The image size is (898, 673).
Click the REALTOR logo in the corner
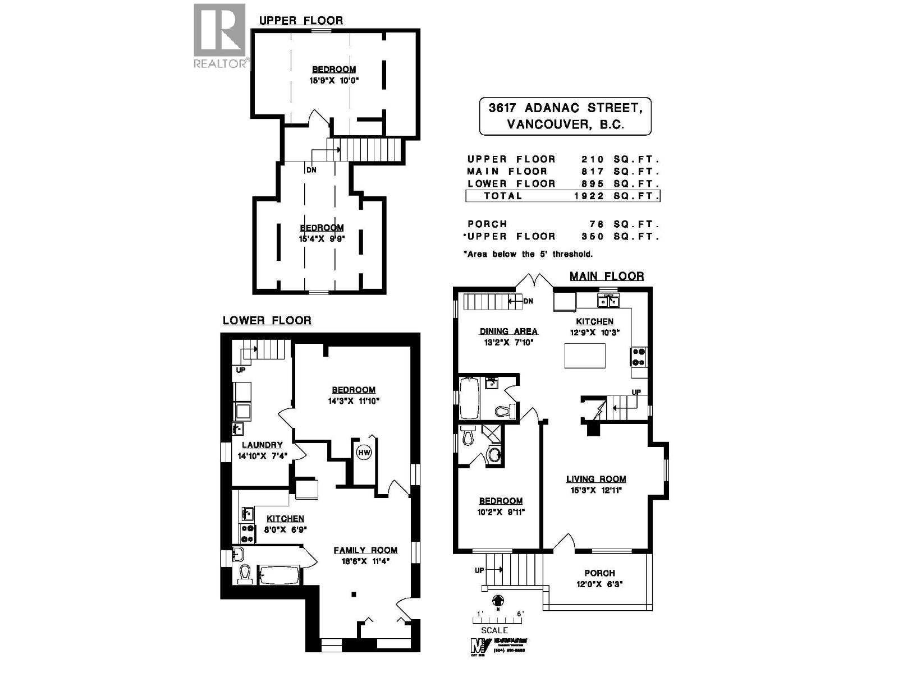[x=219, y=35]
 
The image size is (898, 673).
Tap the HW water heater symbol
[x=364, y=452]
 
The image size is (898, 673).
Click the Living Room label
[x=595, y=479]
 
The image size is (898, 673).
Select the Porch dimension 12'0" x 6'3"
[x=599, y=584]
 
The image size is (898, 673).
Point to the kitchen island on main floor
[x=585, y=356]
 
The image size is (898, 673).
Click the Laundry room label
[x=262, y=445]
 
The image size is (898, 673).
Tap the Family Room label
[x=365, y=550]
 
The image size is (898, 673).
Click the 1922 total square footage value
[x=589, y=196]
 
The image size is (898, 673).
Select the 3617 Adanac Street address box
[x=565, y=116]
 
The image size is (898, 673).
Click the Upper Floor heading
[x=301, y=21]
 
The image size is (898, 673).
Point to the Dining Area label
[x=508, y=331]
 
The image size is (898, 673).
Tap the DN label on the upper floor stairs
[x=311, y=170]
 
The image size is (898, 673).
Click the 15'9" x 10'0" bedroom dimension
[x=334, y=80]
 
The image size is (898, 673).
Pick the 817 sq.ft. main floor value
[x=593, y=172]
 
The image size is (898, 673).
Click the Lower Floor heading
[x=267, y=320]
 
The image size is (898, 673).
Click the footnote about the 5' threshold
[x=528, y=254]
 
